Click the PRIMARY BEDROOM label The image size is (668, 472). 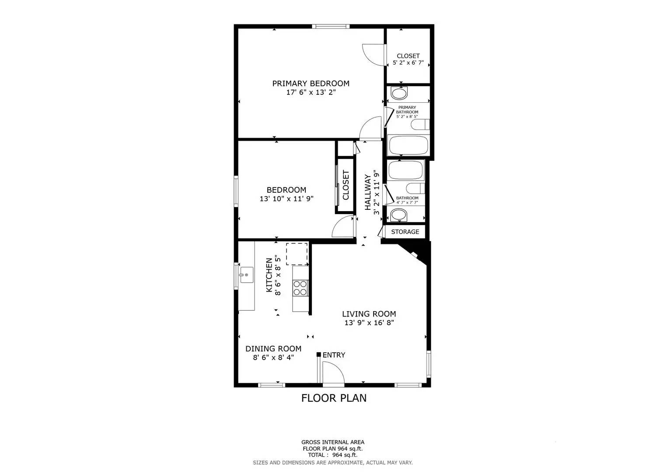click(x=311, y=83)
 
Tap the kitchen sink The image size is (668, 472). click(x=247, y=275)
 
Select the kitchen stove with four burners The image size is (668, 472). click(x=300, y=288)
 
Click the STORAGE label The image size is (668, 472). click(x=405, y=232)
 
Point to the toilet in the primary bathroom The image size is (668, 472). click(x=420, y=125)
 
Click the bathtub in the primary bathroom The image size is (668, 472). click(x=408, y=145)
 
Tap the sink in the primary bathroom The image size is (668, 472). click(x=399, y=93)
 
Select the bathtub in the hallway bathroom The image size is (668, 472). click(x=406, y=170)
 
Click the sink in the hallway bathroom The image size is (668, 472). click(x=399, y=215)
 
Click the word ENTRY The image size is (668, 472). click(x=334, y=355)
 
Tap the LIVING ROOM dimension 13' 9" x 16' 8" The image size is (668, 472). click(x=369, y=323)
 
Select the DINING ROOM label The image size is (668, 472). click(x=273, y=349)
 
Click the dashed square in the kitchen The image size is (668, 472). click(x=297, y=254)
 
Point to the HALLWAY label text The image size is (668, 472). click(x=368, y=192)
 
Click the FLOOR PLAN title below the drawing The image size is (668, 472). click(x=334, y=398)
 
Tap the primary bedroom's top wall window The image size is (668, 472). click(x=331, y=27)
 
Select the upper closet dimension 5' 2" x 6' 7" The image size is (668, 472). click(x=408, y=63)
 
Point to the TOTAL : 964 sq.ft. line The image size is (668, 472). click(x=332, y=455)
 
